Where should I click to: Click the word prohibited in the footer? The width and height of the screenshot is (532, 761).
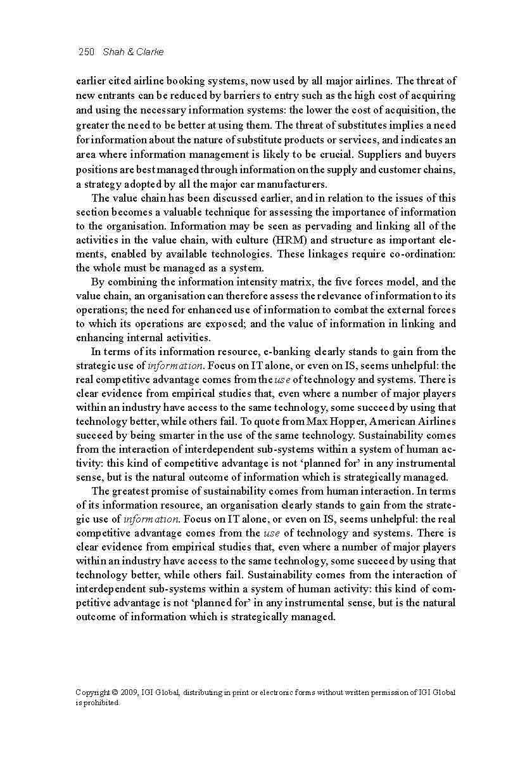tap(101, 703)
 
